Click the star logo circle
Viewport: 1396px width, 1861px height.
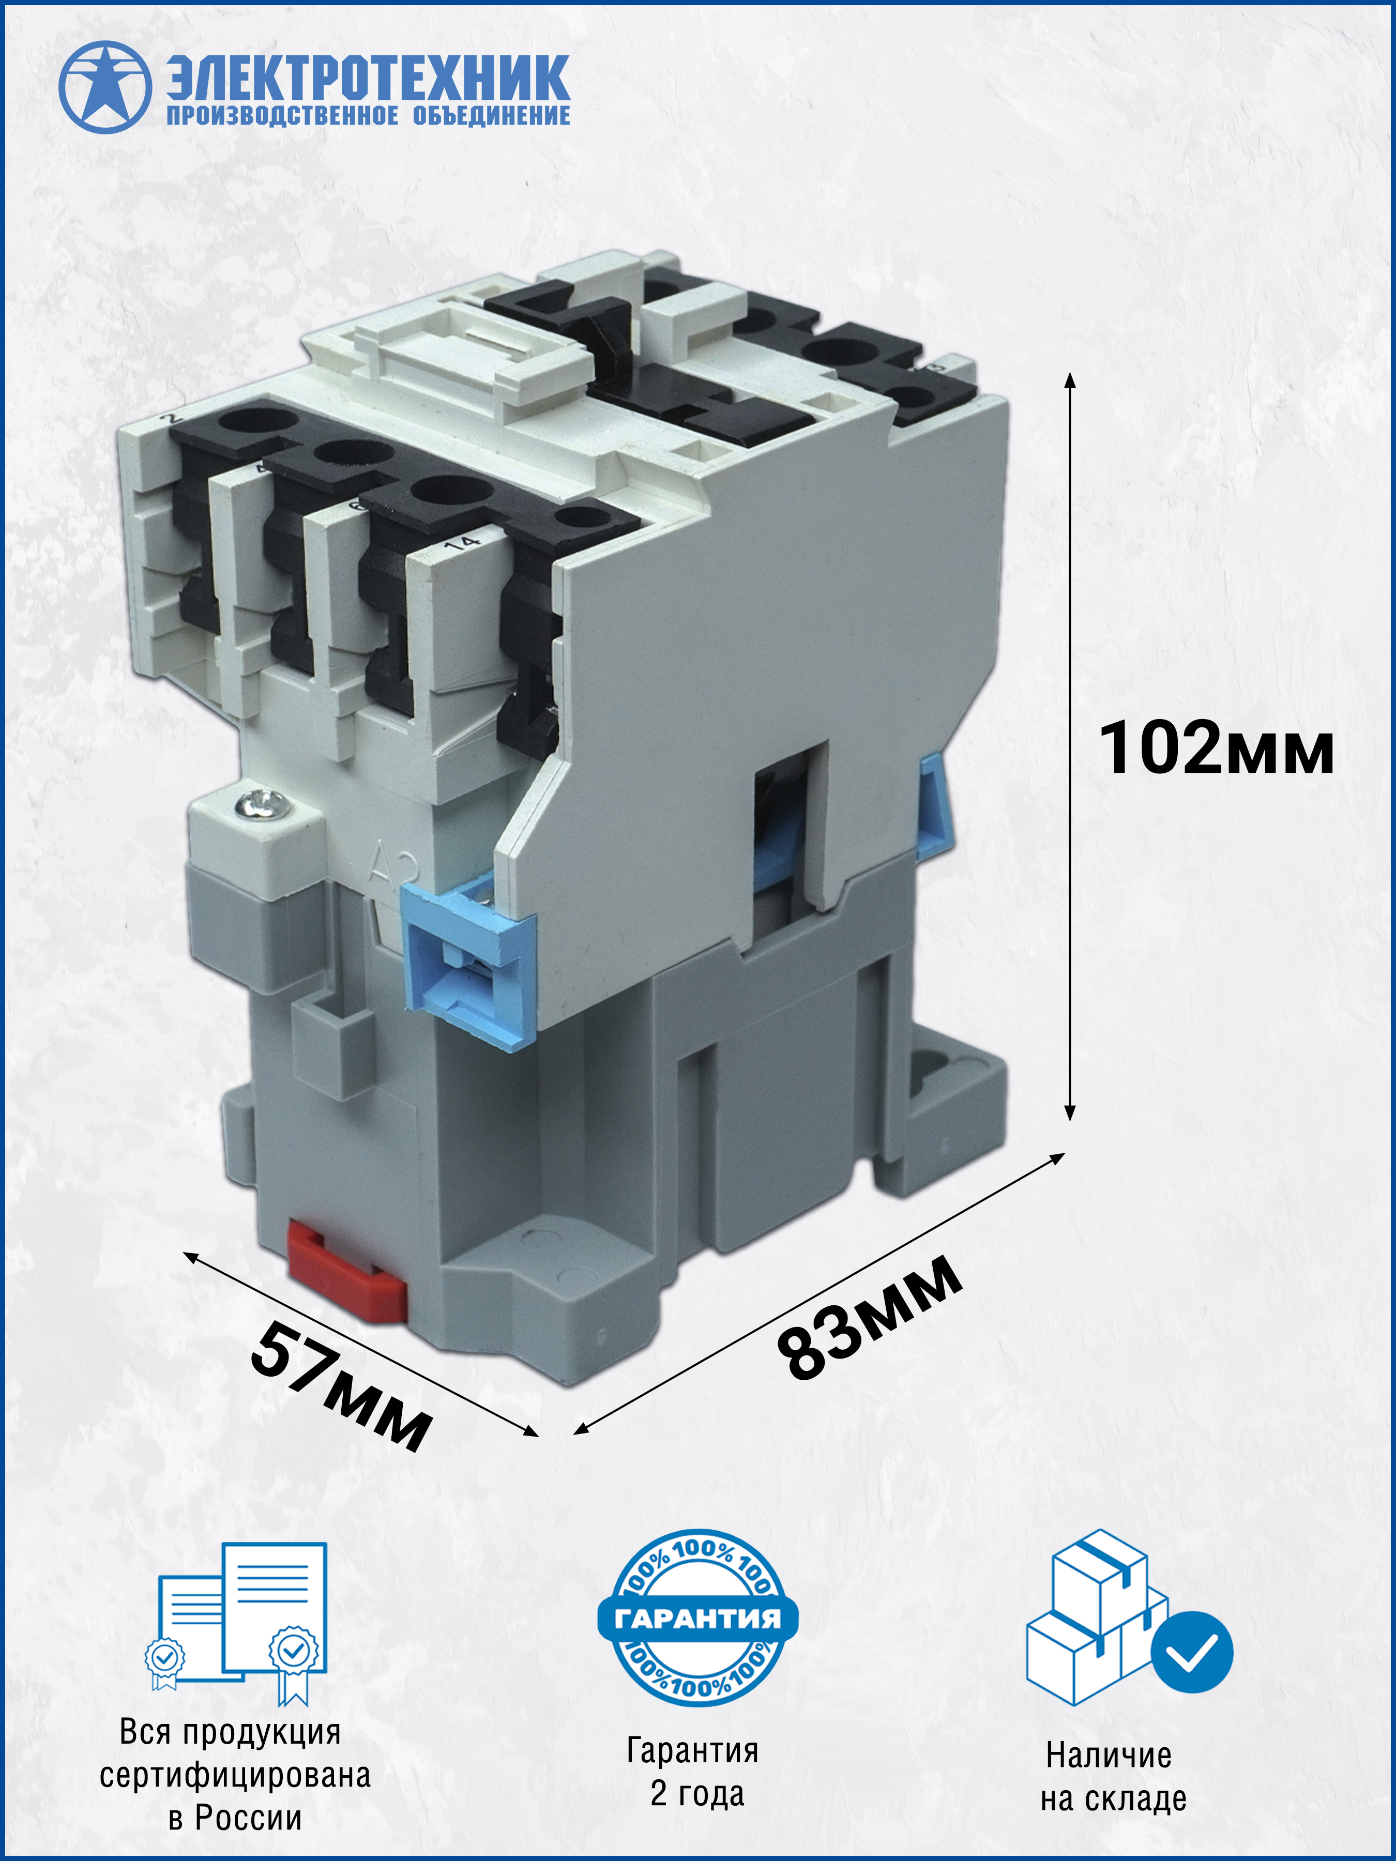click(105, 87)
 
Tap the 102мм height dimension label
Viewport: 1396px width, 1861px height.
click(1216, 747)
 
